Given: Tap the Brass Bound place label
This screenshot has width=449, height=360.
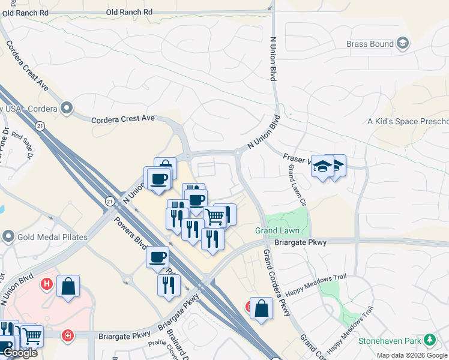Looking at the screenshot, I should [x=370, y=44].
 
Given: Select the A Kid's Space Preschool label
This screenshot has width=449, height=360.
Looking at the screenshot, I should [x=408, y=121].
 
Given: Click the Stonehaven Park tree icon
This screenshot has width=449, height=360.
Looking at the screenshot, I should [x=429, y=341].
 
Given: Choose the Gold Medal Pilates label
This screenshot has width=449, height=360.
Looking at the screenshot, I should [x=52, y=237].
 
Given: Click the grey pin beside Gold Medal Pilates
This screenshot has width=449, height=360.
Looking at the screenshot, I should [x=8, y=236].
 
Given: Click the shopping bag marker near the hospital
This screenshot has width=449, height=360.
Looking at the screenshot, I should [x=68, y=287].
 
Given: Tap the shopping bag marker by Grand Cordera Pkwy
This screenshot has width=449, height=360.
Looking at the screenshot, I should [x=261, y=309].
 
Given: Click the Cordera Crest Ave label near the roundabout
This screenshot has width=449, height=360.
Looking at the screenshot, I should [x=123, y=119].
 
